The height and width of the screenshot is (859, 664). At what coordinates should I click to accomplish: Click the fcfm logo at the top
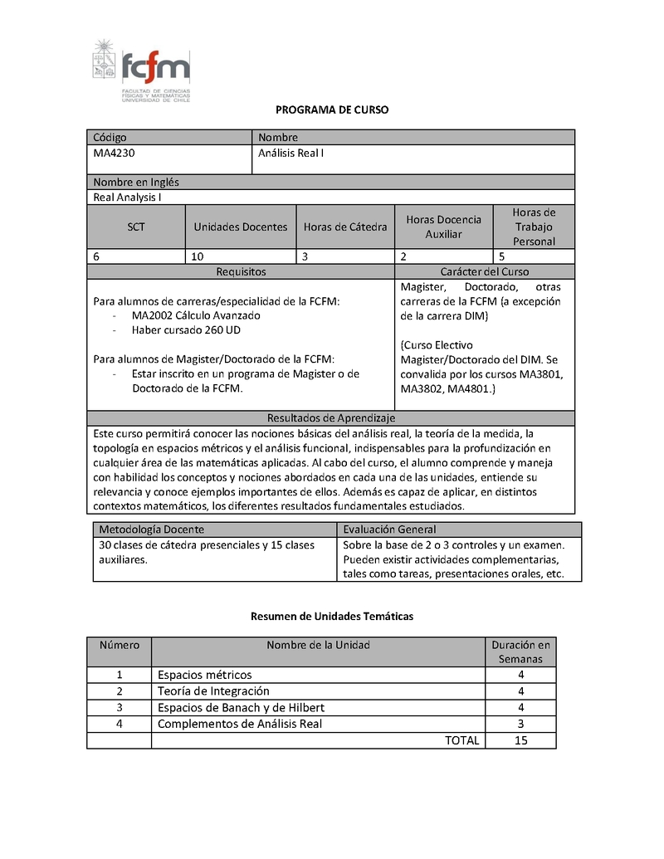pos(141,71)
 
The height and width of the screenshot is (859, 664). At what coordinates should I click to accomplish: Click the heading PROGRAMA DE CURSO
pos(332,110)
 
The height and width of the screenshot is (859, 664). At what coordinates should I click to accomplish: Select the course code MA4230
pos(113,153)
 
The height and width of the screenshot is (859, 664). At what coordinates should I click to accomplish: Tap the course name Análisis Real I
pos(290,153)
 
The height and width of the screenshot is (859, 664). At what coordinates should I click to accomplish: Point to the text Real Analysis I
pos(127,198)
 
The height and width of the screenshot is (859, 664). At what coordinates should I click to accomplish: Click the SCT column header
pos(136,227)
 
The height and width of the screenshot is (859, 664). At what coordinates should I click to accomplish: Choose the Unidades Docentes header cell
pos(241,227)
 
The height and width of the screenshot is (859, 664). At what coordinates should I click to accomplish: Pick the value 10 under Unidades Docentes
pos(198,256)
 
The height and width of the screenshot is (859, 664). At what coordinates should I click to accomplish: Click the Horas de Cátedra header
pos(345,227)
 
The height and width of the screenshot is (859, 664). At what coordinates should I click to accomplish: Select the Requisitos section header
pos(241,271)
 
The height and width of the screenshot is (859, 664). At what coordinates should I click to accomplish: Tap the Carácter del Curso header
pos(485,271)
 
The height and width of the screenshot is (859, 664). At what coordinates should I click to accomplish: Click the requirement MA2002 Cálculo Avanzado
pos(196,315)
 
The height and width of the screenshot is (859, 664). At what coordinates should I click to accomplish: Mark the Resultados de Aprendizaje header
pos(330,417)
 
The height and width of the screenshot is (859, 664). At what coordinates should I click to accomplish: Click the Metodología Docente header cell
pos(151,530)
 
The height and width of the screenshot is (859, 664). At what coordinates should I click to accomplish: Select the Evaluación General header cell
pos(389,530)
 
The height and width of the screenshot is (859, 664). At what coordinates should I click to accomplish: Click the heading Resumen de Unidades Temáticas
pos(332,617)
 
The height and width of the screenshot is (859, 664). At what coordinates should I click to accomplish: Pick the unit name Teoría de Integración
pos(213,691)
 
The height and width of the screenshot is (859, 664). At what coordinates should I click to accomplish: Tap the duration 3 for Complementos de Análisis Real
pos(520,724)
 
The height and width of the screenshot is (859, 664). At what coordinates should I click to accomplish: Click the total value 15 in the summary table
pos(520,740)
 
